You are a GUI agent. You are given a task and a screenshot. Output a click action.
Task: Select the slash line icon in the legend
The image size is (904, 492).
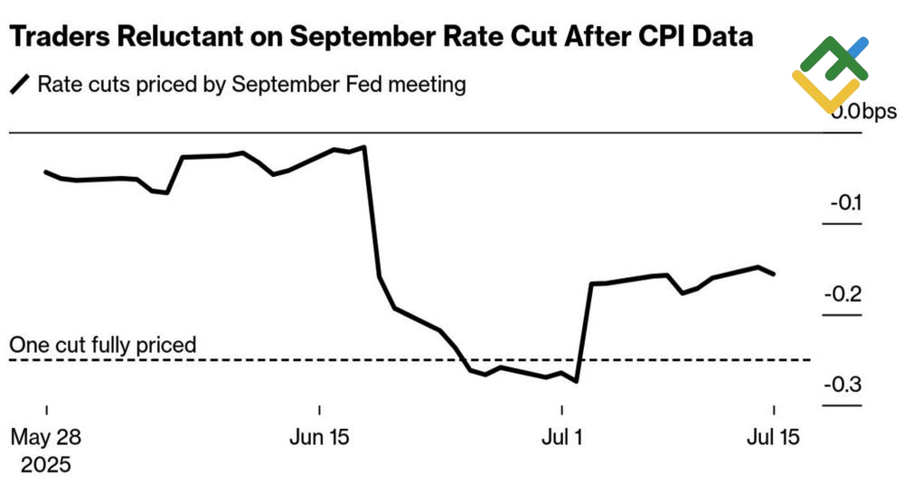pyautogui.click(x=19, y=86)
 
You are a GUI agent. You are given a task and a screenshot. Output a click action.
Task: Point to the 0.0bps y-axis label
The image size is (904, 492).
pyautogui.click(x=864, y=112)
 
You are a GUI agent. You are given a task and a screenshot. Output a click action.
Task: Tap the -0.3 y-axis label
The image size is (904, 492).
pyautogui.click(x=843, y=385)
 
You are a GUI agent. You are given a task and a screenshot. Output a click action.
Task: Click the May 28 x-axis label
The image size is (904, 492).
pyautogui.click(x=46, y=438)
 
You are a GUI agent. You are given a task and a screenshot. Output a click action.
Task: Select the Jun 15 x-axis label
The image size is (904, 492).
pyautogui.click(x=320, y=438)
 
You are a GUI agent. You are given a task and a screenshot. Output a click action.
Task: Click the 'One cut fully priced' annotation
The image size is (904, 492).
pyautogui.click(x=102, y=345)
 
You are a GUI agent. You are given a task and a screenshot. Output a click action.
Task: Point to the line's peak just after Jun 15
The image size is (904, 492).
pyautogui.click(x=363, y=146)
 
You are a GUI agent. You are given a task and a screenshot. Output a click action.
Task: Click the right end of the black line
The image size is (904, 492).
pyautogui.click(x=774, y=274)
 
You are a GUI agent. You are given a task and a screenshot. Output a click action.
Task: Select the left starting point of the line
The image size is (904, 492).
pyautogui.click(x=46, y=172)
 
